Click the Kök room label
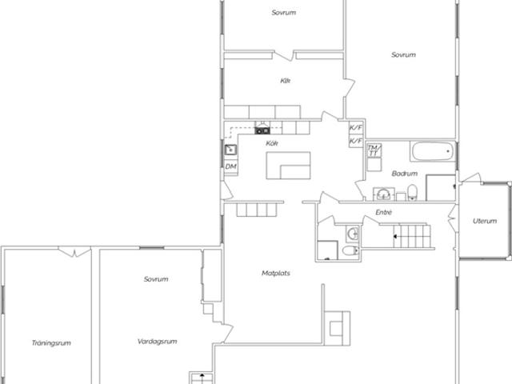click(272, 143)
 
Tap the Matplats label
click(276, 273)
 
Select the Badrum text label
click(405, 174)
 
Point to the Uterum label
click(485, 221)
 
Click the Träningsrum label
click(51, 343)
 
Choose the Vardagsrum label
click(157, 342)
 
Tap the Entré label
click(384, 212)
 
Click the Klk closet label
click(285, 81)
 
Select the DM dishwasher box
click(231, 166)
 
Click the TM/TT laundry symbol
click(374, 150)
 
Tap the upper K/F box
click(355, 127)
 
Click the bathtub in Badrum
click(433, 151)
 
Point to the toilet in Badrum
click(413, 192)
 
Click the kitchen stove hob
click(262, 131)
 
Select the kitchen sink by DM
click(230, 150)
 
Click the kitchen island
click(288, 166)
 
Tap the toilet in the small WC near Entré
click(351, 250)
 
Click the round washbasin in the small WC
click(353, 234)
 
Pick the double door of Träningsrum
click(74, 252)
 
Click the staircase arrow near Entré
click(394, 236)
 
